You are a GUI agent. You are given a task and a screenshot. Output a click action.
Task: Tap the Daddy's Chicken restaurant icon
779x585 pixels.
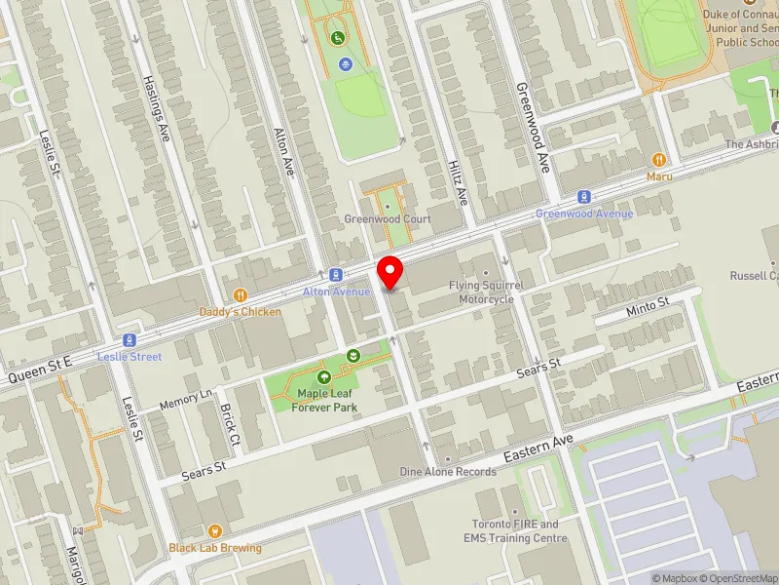tap(240, 295)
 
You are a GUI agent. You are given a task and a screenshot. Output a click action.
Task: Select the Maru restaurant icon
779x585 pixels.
tap(659, 160)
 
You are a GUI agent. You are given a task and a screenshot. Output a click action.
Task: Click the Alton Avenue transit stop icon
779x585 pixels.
tap(335, 276)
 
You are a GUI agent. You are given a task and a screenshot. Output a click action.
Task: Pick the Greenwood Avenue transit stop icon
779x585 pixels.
tap(584, 197)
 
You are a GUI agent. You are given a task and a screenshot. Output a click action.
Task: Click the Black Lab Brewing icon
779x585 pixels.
tap(175, 547)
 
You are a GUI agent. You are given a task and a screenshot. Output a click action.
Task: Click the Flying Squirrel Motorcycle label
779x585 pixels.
tap(486, 292)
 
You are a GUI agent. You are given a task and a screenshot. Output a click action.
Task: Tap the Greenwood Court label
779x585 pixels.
tap(387, 219)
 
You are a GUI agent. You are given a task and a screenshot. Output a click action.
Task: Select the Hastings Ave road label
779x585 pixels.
tap(156, 108)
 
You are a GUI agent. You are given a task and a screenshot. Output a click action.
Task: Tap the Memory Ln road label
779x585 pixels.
tap(185, 399)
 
